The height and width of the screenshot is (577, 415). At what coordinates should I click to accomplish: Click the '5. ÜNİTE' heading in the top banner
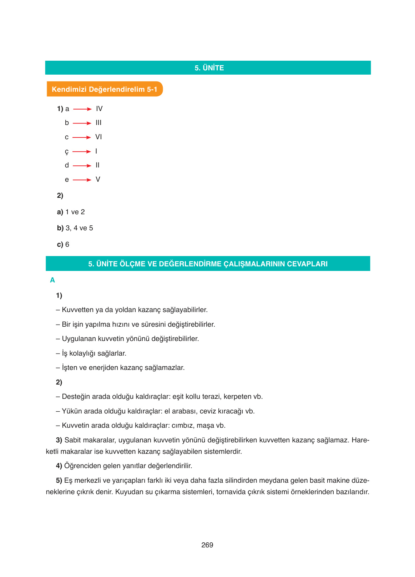209,68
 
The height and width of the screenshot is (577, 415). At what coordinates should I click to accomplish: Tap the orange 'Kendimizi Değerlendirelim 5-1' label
105,89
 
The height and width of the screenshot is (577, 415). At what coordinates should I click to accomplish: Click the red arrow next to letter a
82,109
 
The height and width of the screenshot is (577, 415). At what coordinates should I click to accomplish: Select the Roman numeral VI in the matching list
98,137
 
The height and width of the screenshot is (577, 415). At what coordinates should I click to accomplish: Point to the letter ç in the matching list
67,152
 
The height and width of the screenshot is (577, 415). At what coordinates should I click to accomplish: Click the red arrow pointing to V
82,180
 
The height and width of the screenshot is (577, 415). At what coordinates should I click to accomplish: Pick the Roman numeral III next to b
98,123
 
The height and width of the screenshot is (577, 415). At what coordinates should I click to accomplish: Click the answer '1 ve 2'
75,212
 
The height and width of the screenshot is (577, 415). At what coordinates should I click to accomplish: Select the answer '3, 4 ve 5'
79,228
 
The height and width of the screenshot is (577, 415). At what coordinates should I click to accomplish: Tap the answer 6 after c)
67,245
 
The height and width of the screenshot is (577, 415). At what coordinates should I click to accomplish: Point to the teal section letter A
52,280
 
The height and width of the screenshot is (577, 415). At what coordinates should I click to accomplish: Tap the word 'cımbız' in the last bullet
183,426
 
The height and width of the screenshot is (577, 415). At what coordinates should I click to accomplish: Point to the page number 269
207,545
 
